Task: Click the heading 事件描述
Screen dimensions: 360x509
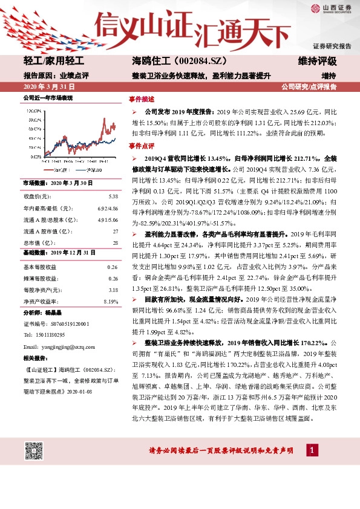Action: click(x=141, y=99)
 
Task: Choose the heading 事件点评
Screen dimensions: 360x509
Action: click(x=141, y=147)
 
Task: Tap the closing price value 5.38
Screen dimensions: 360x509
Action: click(x=113, y=197)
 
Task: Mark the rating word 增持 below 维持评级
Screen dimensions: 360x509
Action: click(x=328, y=76)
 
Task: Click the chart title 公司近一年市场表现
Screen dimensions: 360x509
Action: click(x=48, y=97)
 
